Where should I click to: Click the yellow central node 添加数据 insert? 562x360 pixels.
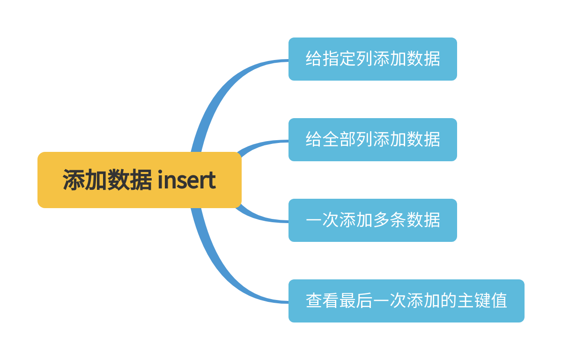[139, 180]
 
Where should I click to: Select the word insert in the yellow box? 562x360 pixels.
[187, 180]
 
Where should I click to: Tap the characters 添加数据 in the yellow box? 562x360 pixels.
[107, 180]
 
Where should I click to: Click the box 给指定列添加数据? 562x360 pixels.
[372, 59]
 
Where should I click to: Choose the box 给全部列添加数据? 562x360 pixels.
[372, 140]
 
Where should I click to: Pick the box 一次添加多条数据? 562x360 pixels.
[372, 220]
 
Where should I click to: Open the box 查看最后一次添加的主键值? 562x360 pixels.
[406, 301]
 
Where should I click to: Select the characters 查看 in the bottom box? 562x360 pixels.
[322, 301]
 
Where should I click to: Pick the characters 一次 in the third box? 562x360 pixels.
[322, 220]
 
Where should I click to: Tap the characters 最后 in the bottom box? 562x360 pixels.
[356, 301]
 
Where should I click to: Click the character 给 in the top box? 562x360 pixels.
[314, 59]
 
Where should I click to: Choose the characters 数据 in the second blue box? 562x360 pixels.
[423, 140]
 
